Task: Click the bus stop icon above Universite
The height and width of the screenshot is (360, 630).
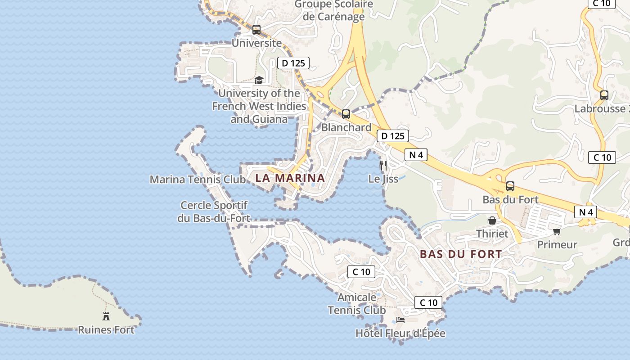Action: [256, 30]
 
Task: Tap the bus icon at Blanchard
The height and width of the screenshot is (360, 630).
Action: [346, 114]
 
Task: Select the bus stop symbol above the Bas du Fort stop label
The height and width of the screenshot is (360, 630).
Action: [510, 186]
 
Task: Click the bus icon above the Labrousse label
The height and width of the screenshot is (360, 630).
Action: [604, 95]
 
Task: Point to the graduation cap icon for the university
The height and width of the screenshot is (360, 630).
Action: [259, 81]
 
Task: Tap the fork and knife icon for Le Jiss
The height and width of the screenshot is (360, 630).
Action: [383, 165]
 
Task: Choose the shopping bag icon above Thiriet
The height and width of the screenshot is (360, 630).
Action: [492, 220]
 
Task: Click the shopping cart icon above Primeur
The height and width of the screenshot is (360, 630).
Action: [557, 231]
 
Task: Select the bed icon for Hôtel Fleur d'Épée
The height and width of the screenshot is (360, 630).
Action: [400, 320]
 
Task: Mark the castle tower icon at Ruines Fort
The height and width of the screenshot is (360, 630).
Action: [106, 316]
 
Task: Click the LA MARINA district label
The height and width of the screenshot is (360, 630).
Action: [290, 178]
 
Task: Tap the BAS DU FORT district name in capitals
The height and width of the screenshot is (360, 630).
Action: [461, 254]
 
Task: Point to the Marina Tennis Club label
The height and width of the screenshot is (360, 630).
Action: [198, 180]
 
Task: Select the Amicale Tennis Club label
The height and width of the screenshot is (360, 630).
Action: [357, 304]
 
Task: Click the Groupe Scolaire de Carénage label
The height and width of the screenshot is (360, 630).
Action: [334, 10]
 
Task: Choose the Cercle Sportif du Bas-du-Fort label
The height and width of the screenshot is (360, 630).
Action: [214, 211]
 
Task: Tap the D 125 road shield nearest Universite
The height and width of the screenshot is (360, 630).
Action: [294, 63]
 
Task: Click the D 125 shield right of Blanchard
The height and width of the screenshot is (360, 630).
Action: [392, 136]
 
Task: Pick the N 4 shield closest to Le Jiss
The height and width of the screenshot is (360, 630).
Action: [416, 155]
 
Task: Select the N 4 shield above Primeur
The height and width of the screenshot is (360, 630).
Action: [585, 212]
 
